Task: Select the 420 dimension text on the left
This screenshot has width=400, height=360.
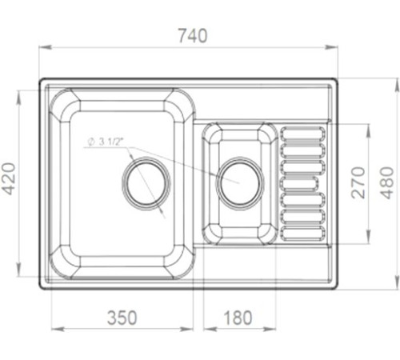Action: point(9,180)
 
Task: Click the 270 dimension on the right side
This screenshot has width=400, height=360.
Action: point(358,182)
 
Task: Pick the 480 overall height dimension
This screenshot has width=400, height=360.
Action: point(386,182)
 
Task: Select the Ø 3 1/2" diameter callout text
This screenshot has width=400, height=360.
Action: point(106,142)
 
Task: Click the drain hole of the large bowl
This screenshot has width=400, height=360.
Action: point(146,182)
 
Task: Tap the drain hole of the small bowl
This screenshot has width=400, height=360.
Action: point(239,181)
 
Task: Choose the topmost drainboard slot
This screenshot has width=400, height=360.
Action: point(304,134)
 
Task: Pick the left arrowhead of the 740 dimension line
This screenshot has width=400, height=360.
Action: point(42,49)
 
